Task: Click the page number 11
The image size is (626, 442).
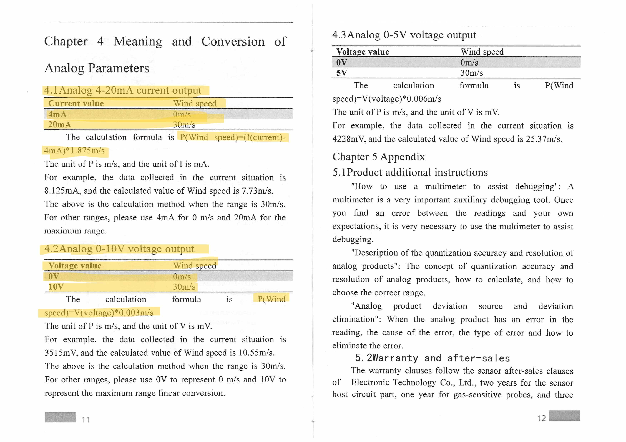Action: click(x=86, y=419)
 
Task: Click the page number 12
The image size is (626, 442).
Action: click(x=541, y=418)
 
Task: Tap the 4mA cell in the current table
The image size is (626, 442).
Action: click(x=57, y=114)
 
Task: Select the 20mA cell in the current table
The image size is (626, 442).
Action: click(x=59, y=125)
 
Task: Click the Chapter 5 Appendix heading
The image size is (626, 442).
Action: click(x=378, y=157)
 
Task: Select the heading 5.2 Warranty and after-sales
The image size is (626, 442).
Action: click(x=432, y=358)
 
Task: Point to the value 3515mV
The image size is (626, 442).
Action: click(x=61, y=353)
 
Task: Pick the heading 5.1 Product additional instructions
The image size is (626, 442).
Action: click(x=410, y=172)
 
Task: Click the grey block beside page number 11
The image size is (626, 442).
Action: click(x=61, y=417)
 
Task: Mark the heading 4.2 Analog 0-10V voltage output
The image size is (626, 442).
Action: click(x=119, y=249)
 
